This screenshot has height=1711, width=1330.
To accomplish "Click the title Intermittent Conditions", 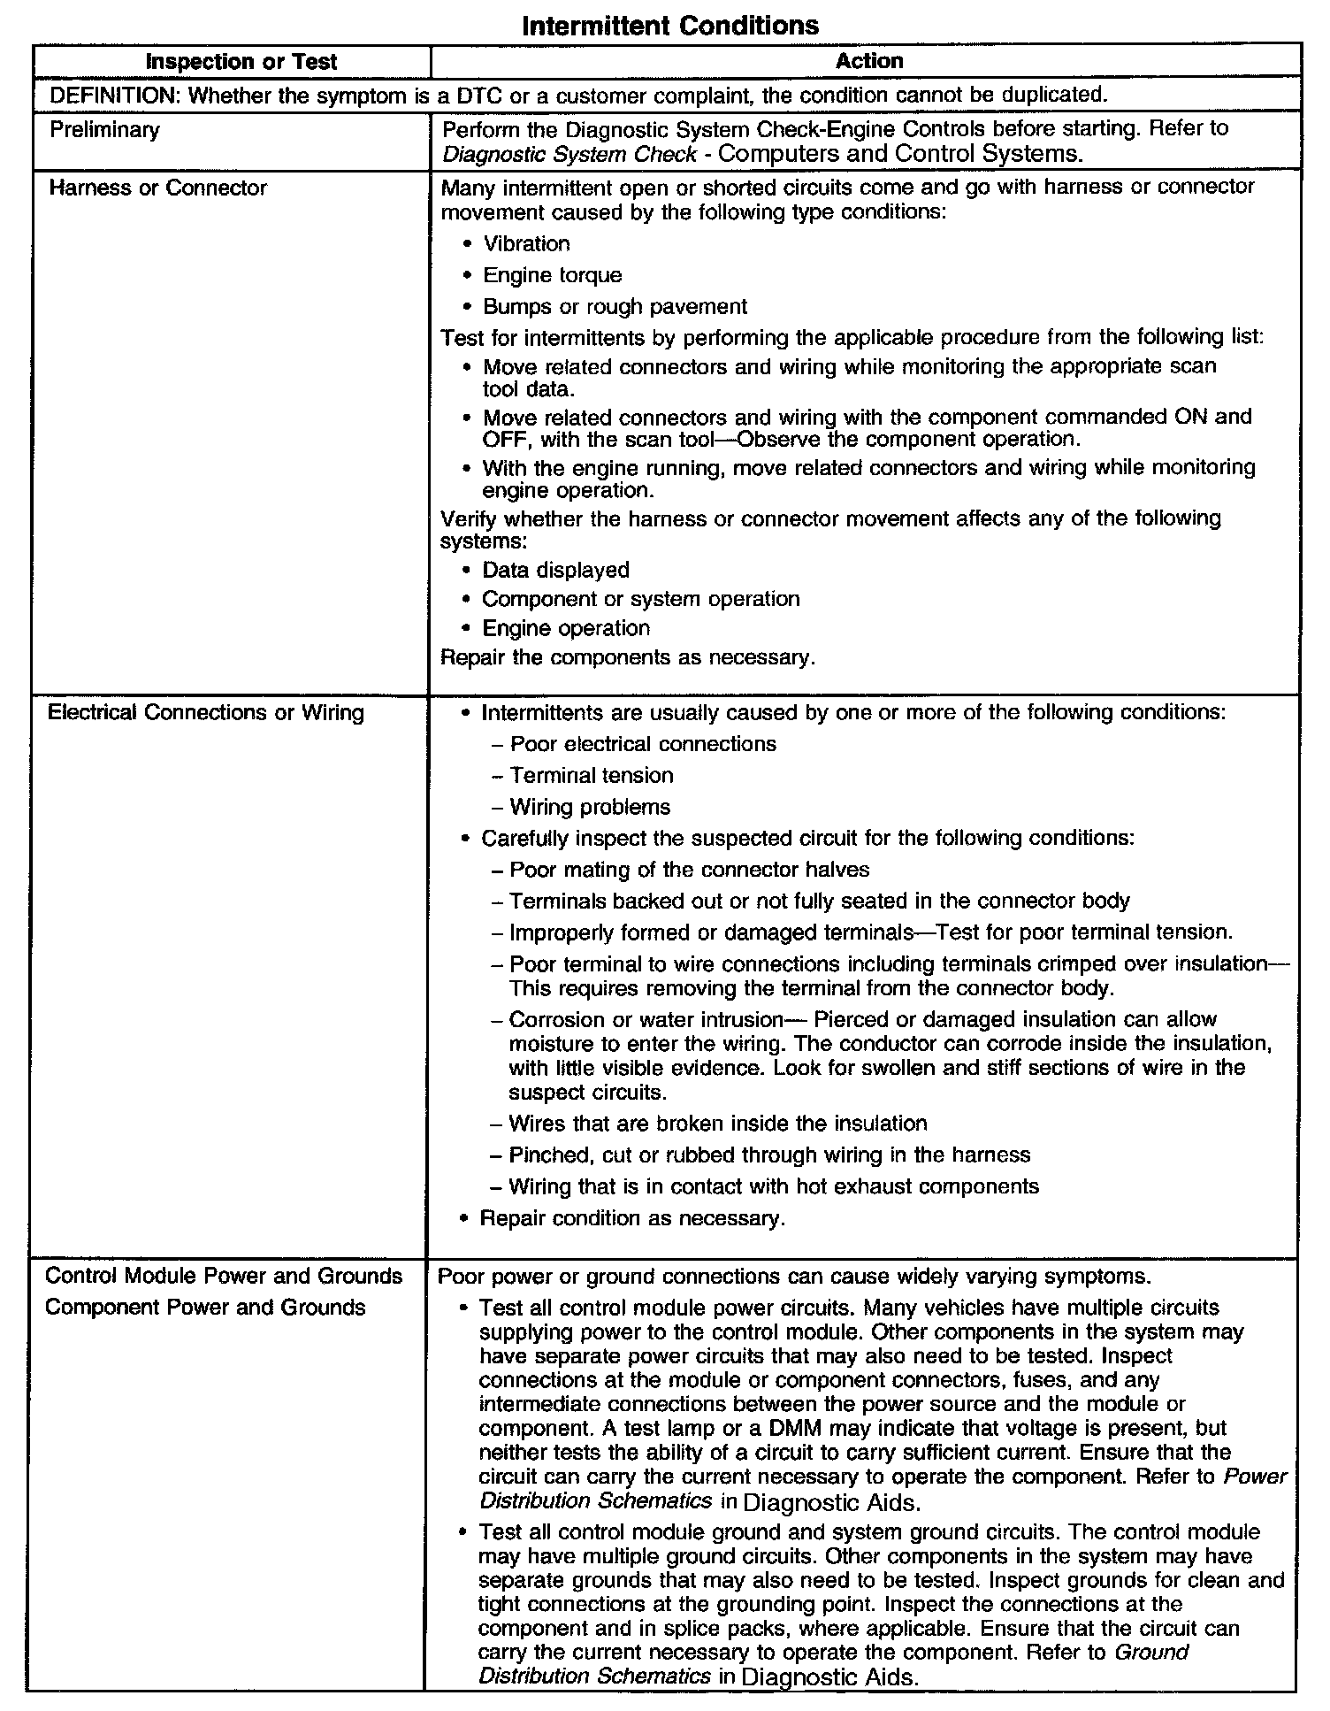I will [669, 25].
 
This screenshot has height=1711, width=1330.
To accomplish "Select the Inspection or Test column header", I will [241, 62].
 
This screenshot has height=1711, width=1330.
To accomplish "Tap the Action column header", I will [868, 61].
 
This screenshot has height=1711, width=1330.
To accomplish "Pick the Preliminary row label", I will [104, 130].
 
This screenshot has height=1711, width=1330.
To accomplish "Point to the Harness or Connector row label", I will [157, 188].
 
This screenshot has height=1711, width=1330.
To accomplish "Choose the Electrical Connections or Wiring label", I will [205, 713].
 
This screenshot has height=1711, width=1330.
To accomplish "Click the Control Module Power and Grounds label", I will [224, 1276].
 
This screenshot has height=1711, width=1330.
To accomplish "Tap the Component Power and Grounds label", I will [205, 1307].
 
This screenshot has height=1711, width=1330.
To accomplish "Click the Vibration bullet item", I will [526, 244].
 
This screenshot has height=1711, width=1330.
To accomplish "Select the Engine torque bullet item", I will [552, 275].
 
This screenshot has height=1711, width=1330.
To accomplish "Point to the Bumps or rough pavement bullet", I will [615, 307].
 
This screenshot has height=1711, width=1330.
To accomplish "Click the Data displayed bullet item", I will [555, 570].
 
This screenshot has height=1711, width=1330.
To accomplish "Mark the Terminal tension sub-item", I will [591, 776].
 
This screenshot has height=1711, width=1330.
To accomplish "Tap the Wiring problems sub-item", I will [590, 807].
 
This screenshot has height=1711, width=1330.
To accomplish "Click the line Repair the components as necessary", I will [627, 658].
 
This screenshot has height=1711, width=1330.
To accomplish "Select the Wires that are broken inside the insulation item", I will [717, 1124].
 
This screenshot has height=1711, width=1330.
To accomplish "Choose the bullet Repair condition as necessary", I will [631, 1218].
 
